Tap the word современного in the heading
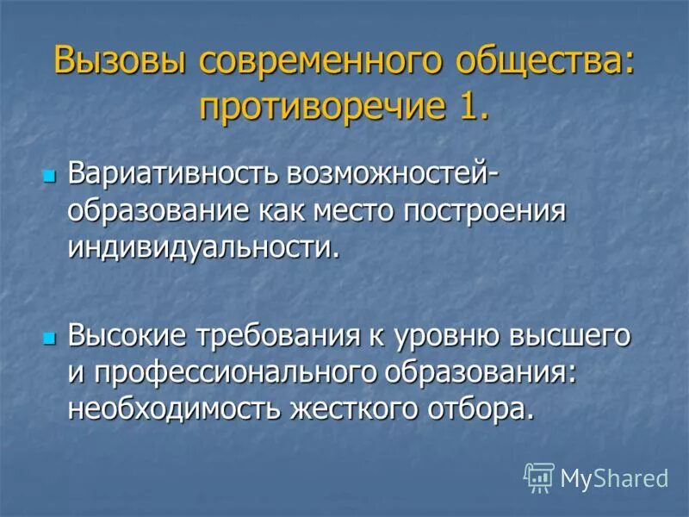pyautogui.click(x=334, y=62)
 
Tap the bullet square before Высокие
pyautogui.click(x=49, y=335)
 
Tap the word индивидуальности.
pyautogui.click(x=200, y=247)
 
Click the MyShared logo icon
pyautogui.click(x=539, y=477)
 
